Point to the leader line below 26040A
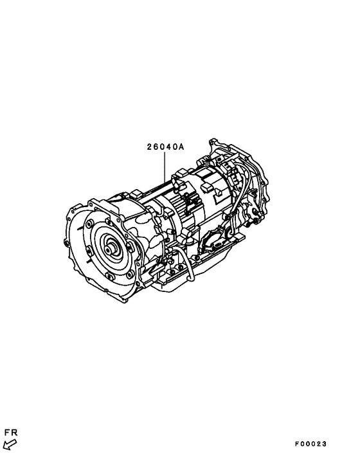[166, 167]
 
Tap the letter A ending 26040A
[182, 147]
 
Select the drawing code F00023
[312, 444]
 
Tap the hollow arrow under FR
[9, 443]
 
